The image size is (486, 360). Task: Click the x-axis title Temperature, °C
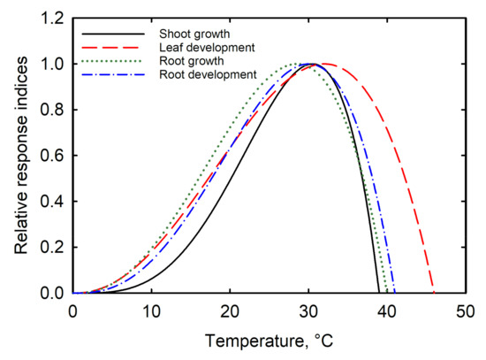tap(268, 340)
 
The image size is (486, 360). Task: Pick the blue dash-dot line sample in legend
tap(125, 75)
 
